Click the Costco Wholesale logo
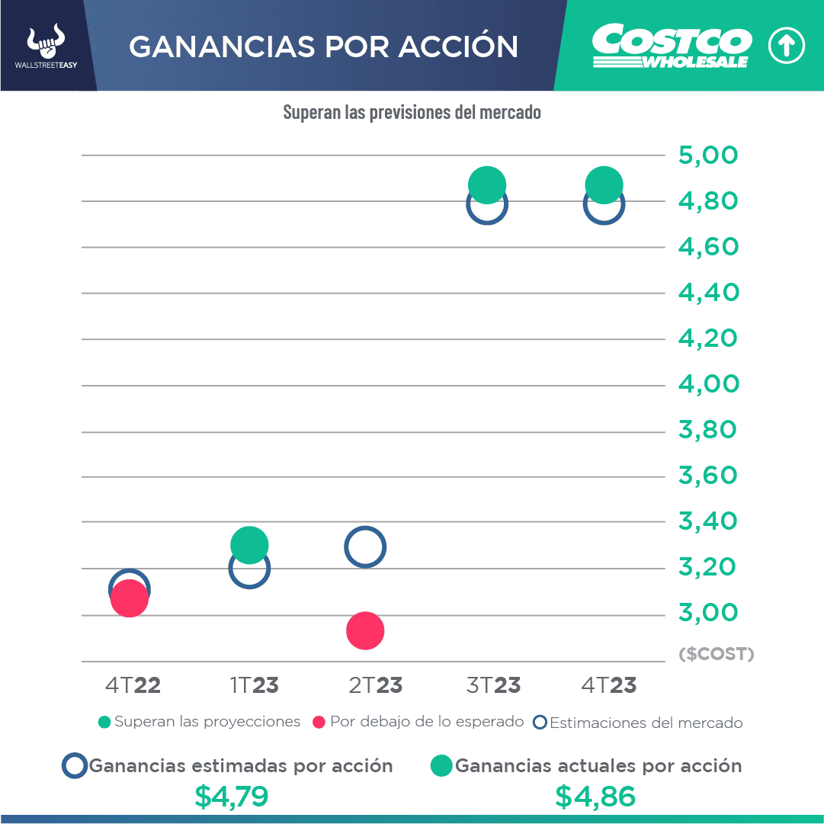coord(672,46)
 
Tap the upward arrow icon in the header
coord(786,46)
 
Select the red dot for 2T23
coord(365,630)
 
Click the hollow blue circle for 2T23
coord(365,547)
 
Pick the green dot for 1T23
coord(249,544)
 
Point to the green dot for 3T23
coord(487,184)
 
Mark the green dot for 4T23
coord(604,184)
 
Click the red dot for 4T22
coord(129,599)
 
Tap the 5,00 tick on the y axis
coord(708,156)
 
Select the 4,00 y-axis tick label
coord(708,384)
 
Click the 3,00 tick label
coord(708,613)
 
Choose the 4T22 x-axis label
coord(133,685)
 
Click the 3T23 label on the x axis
coord(493,685)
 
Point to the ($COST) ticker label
coord(716,654)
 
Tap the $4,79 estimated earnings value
coord(232,797)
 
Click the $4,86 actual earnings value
coord(595,797)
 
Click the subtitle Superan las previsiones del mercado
coord(412,113)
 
